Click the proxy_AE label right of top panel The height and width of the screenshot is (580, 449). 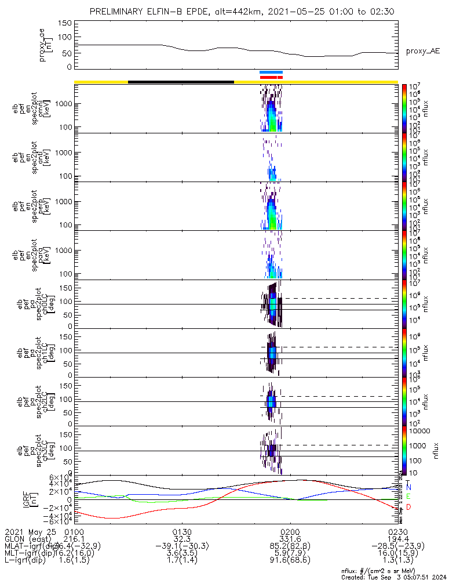coord(422,51)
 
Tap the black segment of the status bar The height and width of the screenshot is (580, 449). coord(181,82)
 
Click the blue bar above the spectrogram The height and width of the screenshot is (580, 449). coord(271,72)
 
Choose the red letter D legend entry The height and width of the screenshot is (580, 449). coord(408,507)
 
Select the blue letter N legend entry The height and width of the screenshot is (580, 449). coord(408,488)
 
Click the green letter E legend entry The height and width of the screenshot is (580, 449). coord(408,497)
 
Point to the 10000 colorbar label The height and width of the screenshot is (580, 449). coord(419,431)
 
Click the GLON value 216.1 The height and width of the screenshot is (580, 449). coord(74,539)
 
